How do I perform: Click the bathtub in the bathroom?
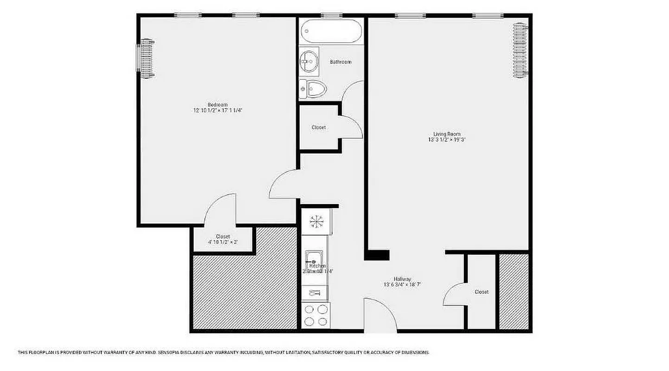pyautogui.click(x=331, y=32)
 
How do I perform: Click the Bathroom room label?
pyautogui.click(x=341, y=62)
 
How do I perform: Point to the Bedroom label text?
pyautogui.click(x=218, y=104)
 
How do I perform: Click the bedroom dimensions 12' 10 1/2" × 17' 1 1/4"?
pyautogui.click(x=218, y=110)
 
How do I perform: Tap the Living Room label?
pyautogui.click(x=447, y=134)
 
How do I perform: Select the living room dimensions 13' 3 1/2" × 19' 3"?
pyautogui.click(x=447, y=140)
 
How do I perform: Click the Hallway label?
pyautogui.click(x=402, y=279)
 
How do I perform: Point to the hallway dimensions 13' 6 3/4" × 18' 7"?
pyautogui.click(x=402, y=285)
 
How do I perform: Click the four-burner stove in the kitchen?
pyautogui.click(x=315, y=315)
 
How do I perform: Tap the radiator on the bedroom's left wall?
pyautogui.click(x=146, y=58)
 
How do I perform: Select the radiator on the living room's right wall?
pyautogui.click(x=520, y=50)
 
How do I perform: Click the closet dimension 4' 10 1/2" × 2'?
pyautogui.click(x=223, y=242)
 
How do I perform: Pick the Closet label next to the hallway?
pyautogui.click(x=481, y=292)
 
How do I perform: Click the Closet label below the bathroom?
pyautogui.click(x=319, y=127)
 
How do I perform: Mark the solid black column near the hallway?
pyautogui.click(x=377, y=255)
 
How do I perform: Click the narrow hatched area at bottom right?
pyautogui.click(x=514, y=291)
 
